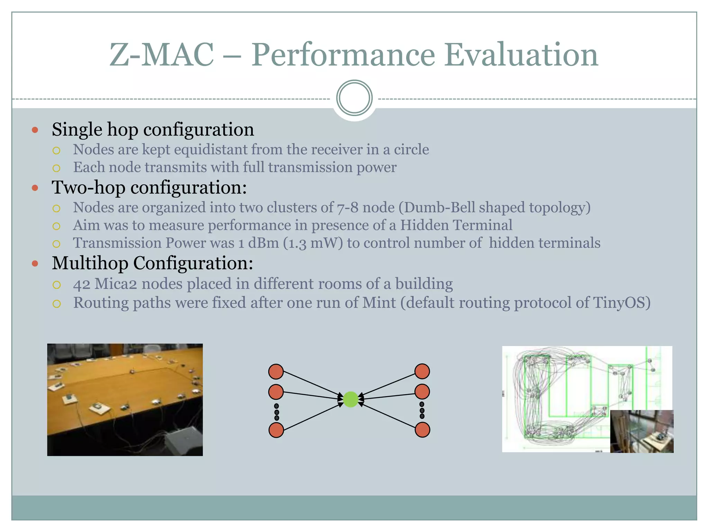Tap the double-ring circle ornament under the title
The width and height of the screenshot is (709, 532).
click(x=354, y=98)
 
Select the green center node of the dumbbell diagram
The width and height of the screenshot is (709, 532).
click(x=350, y=399)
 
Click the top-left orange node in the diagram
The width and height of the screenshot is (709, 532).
click(x=276, y=372)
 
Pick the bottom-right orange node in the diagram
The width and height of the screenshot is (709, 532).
click(x=422, y=430)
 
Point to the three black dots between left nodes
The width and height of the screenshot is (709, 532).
click(x=276, y=412)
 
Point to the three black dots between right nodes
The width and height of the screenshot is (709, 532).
click(x=422, y=410)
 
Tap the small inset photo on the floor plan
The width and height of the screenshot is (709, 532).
click(x=641, y=431)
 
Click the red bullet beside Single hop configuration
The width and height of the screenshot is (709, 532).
click(x=35, y=130)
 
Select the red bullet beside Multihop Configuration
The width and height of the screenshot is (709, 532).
click(x=35, y=264)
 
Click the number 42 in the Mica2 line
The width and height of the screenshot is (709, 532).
click(x=82, y=284)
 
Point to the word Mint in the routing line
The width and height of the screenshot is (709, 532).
click(x=379, y=303)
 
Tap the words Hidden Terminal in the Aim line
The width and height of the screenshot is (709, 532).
click(x=456, y=225)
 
